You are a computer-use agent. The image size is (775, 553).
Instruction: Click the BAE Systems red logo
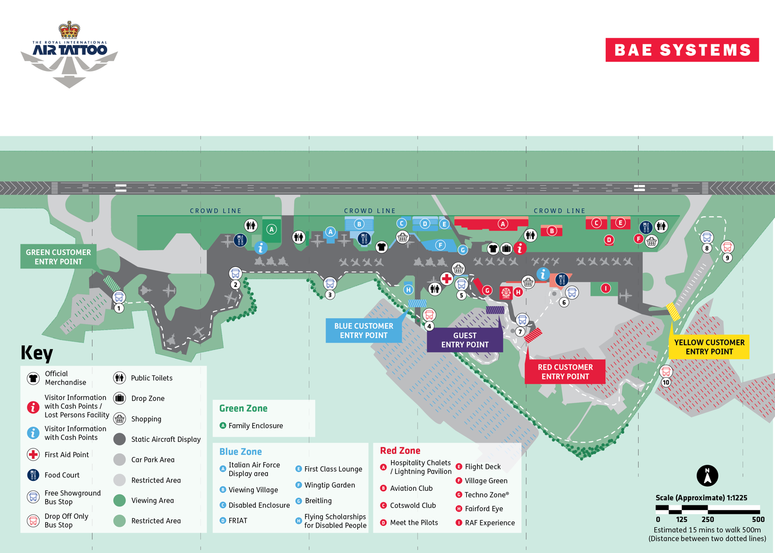682,50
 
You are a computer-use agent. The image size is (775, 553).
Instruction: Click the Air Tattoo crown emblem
69,31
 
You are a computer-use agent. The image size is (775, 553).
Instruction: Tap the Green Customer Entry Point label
58,257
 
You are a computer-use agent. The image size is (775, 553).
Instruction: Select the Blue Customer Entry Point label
363,331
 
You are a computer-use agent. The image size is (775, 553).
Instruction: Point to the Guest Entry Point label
465,340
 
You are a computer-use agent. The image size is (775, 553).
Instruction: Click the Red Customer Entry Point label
565,372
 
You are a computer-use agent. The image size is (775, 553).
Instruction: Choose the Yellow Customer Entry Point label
709,347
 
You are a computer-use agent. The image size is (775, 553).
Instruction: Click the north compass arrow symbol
707,475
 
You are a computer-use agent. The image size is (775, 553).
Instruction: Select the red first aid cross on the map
447,278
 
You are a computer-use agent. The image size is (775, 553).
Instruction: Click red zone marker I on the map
605,288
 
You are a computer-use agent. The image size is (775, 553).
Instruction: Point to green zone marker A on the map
271,229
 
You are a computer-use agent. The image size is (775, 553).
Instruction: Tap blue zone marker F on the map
440,245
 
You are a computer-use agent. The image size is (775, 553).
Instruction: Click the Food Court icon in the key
33,475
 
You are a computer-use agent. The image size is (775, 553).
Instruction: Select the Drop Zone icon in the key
120,398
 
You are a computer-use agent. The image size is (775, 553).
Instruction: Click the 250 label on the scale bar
708,519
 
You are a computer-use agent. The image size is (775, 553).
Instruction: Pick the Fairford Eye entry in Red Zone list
483,508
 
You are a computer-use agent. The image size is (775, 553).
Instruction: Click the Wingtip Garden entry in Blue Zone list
329,485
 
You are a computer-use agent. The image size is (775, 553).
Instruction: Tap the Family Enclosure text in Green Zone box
255,426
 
